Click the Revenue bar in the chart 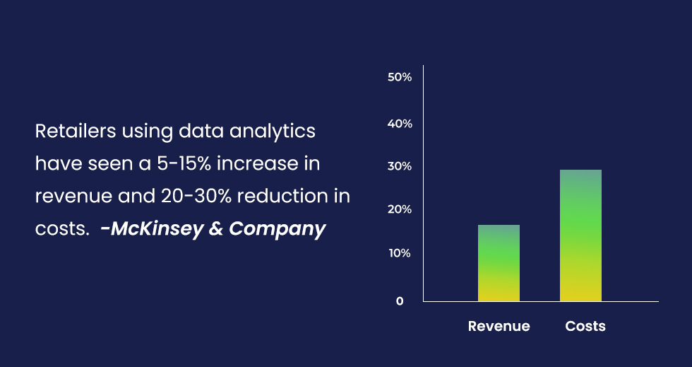[499, 263]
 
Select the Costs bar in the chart [580, 235]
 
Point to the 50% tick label [400, 77]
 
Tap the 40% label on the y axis [400, 124]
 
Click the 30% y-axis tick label [400, 167]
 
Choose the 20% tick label [400, 209]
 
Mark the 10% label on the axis [400, 253]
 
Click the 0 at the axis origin [400, 301]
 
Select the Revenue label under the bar [499, 326]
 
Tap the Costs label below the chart [585, 326]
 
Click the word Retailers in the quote [76, 131]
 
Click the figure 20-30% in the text [196, 197]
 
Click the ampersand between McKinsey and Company [216, 229]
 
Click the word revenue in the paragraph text [73, 197]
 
